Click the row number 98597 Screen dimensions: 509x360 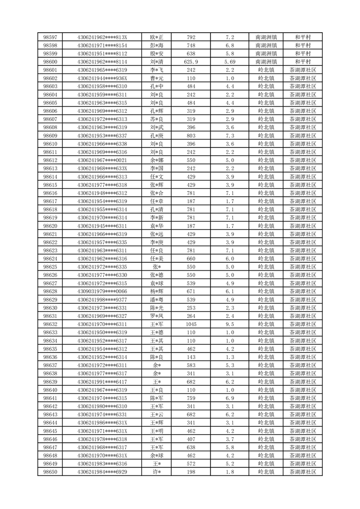[x=50, y=37]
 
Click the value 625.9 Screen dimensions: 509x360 [x=191, y=62]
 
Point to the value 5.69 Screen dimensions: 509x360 [x=230, y=62]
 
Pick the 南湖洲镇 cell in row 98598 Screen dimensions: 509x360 [x=266, y=45]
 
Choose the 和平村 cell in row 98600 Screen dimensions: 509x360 [x=302, y=62]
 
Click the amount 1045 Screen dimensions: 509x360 [x=191, y=324]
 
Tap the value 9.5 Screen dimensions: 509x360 [x=230, y=324]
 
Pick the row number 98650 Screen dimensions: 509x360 [x=50, y=472]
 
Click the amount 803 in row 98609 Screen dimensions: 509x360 [x=191, y=136]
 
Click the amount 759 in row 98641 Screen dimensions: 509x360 [x=191, y=398]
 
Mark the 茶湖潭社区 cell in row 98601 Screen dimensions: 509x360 [x=302, y=70]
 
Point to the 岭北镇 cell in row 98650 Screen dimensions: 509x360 [x=266, y=472]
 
